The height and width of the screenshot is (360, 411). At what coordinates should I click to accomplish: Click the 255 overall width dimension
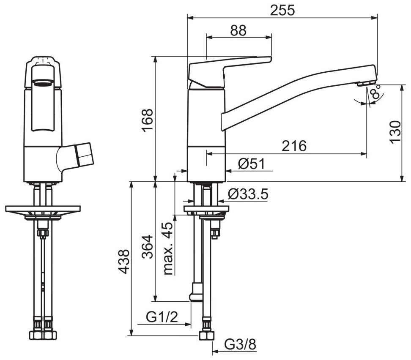pyautogui.click(x=282, y=11)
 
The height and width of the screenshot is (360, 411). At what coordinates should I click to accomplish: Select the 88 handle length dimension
pyautogui.click(x=238, y=30)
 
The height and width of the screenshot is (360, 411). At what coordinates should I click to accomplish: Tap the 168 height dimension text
pyautogui.click(x=147, y=120)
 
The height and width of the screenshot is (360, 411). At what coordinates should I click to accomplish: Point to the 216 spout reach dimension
pyautogui.click(x=294, y=146)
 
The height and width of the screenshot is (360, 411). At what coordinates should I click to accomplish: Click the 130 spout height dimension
pyautogui.click(x=395, y=132)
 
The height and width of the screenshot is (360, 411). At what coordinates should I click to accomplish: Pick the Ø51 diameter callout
pyautogui.click(x=251, y=164)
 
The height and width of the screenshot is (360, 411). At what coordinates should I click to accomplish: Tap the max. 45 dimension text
pyautogui.click(x=168, y=248)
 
